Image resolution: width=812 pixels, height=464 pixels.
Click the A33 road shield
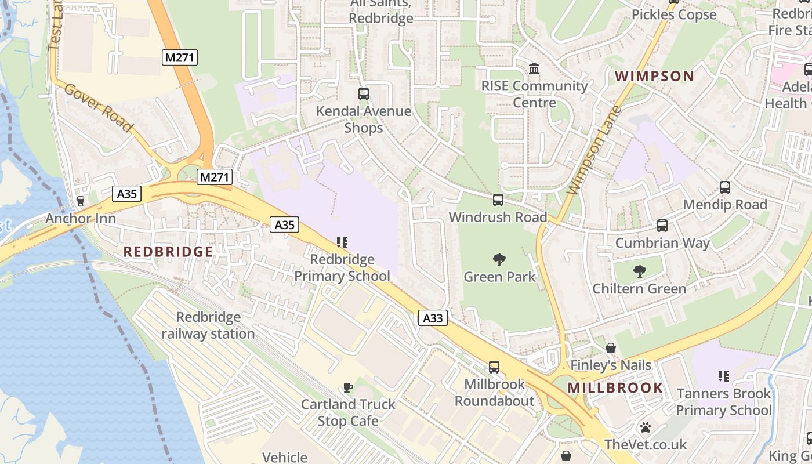click(433, 318)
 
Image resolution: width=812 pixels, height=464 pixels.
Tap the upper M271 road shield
click(180, 57)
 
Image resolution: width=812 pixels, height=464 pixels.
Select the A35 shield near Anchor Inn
click(126, 194)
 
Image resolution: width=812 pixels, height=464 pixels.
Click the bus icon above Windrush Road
click(498, 200)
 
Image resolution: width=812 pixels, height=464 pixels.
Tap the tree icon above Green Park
click(499, 259)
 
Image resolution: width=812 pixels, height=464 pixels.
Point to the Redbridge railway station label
click(208, 325)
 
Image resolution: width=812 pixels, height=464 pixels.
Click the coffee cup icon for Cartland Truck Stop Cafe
click(348, 387)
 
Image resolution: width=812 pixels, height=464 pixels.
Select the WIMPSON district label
click(654, 76)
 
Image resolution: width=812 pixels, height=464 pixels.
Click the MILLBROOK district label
click(615, 388)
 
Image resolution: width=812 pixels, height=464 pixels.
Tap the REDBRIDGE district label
click(168, 252)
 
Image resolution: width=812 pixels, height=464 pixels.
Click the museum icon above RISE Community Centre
click(534, 69)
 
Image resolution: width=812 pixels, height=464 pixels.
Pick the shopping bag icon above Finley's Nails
click(611, 348)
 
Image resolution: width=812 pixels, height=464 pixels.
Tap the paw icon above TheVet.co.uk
click(645, 427)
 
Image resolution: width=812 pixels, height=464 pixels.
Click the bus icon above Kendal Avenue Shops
click(364, 93)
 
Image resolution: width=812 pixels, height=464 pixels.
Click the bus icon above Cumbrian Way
click(662, 226)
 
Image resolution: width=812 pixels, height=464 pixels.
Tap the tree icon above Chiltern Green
click(639, 271)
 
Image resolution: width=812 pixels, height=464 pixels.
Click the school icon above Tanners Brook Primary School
click(723, 376)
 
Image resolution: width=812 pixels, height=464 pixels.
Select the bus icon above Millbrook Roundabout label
click(494, 367)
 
